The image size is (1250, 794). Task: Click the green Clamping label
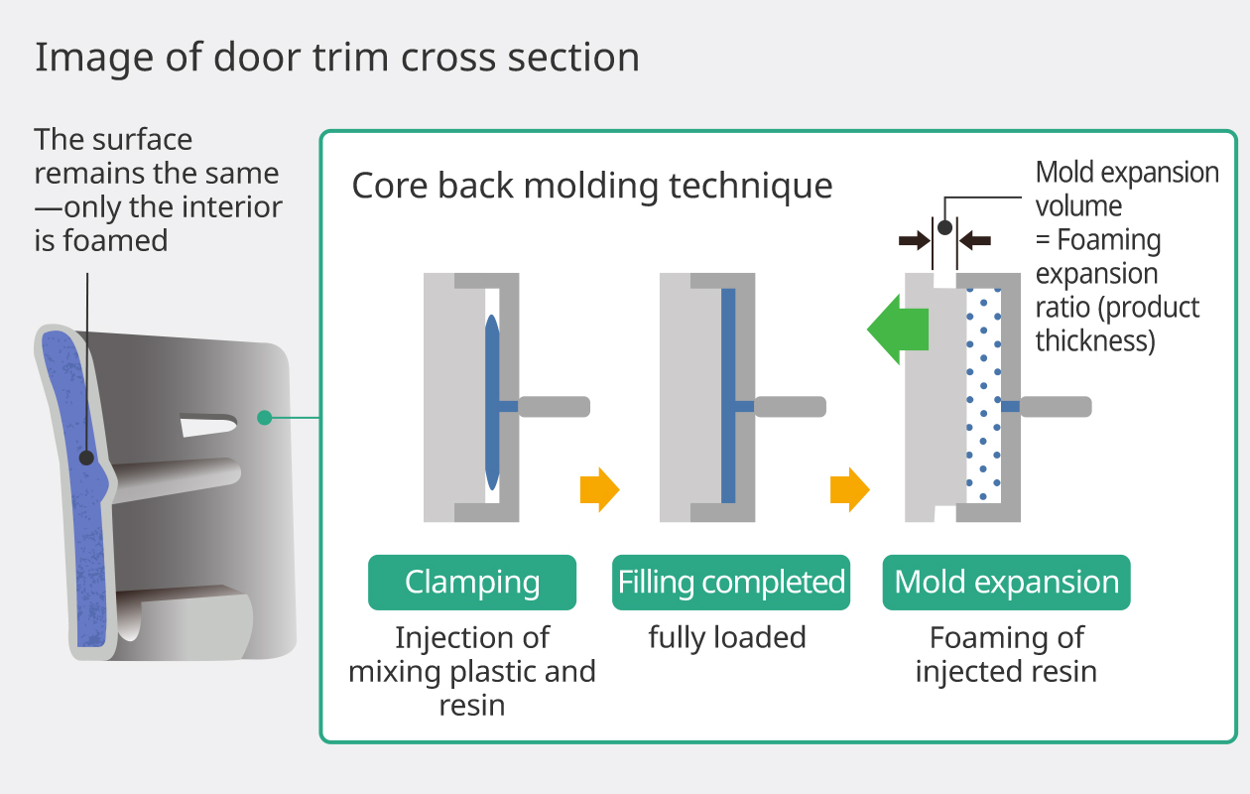471,583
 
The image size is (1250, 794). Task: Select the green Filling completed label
731,583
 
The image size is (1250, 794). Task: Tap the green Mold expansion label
1006,583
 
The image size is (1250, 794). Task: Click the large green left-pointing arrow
898,330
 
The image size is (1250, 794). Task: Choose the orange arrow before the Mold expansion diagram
849,490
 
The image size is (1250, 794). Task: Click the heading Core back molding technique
592,186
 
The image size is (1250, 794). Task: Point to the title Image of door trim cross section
337,58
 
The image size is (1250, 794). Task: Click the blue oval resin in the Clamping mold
492,397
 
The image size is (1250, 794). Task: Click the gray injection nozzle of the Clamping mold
554,406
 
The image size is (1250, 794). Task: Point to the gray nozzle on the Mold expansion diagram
1056,406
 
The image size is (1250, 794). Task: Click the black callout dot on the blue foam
87,458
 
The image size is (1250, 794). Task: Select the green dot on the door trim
264,418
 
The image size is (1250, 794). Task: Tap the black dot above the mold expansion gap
944,227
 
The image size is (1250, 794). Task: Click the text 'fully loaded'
727,637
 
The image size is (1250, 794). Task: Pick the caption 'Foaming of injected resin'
1006,654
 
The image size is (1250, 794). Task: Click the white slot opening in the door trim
207,426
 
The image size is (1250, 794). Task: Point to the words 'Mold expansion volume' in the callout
1127,189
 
